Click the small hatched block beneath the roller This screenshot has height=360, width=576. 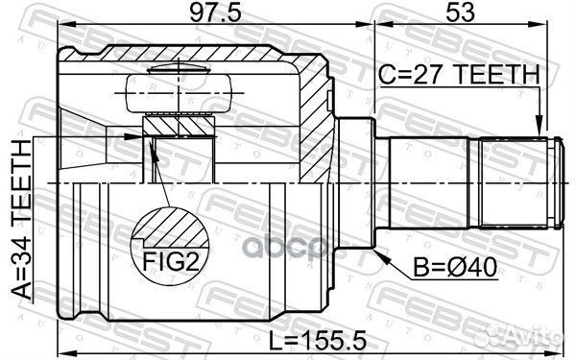pyautogui.click(x=178, y=125)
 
